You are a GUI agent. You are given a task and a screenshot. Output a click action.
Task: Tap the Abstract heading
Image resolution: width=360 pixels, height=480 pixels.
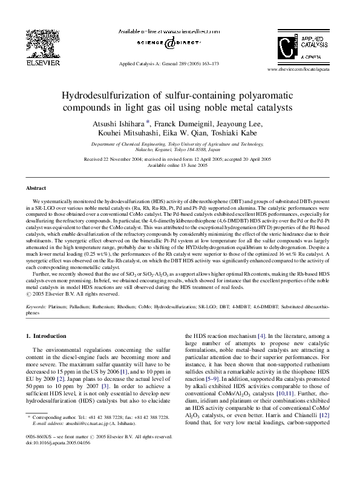tap(36, 188)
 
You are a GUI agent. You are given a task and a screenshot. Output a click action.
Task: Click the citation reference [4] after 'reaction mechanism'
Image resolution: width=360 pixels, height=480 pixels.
tap(261, 336)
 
